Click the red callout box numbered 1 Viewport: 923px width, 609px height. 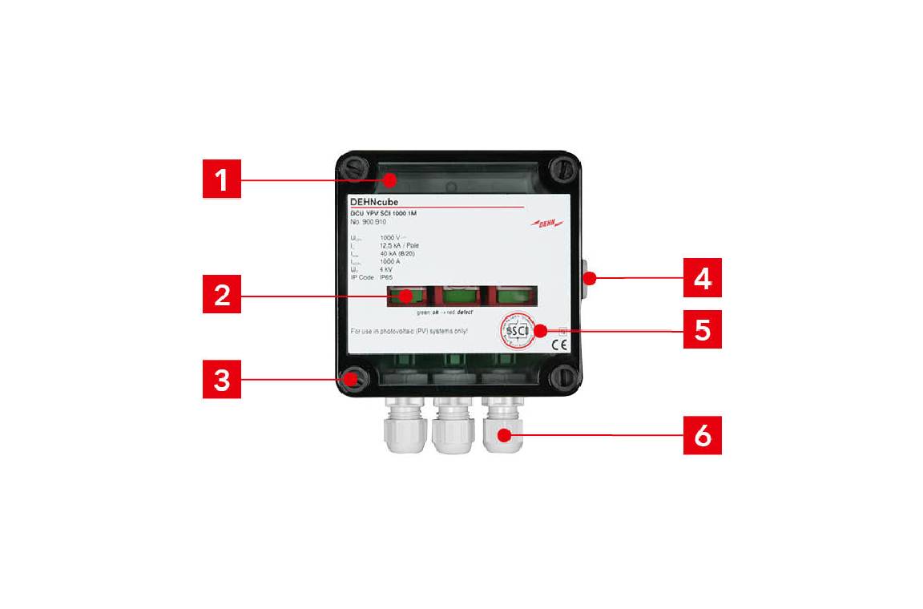(x=220, y=179)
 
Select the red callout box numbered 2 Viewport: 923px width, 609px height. (x=220, y=296)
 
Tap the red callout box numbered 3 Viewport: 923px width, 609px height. (x=220, y=380)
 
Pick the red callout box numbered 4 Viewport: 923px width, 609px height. (x=703, y=278)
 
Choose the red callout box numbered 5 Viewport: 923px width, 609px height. (x=703, y=329)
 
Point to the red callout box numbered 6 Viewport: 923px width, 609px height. (x=703, y=435)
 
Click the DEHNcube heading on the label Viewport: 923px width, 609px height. (x=374, y=201)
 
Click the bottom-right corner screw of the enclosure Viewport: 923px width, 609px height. (x=562, y=378)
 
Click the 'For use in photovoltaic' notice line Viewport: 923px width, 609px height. (x=409, y=330)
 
